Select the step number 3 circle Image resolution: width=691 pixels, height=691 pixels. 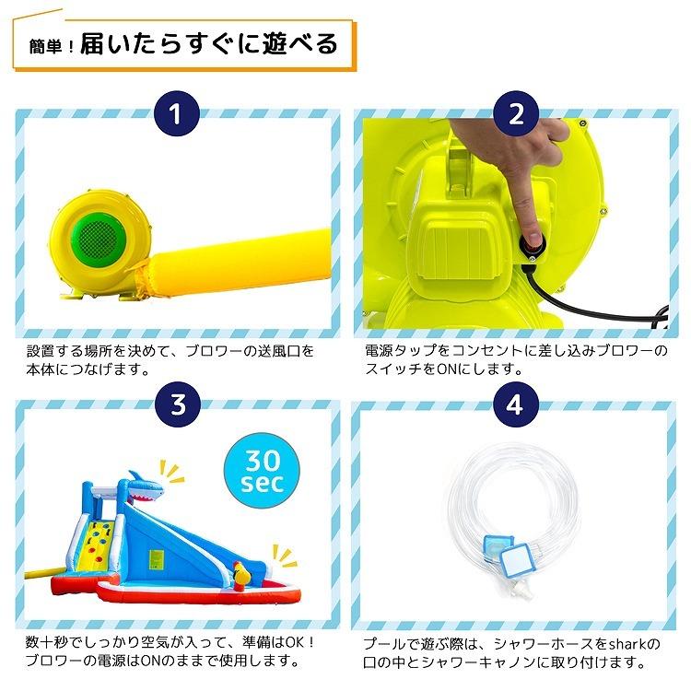[x=177, y=404]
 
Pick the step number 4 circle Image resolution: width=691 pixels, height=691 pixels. [x=515, y=404]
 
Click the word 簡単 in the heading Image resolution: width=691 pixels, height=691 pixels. [x=47, y=43]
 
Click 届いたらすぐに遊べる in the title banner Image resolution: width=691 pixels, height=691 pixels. [x=209, y=43]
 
